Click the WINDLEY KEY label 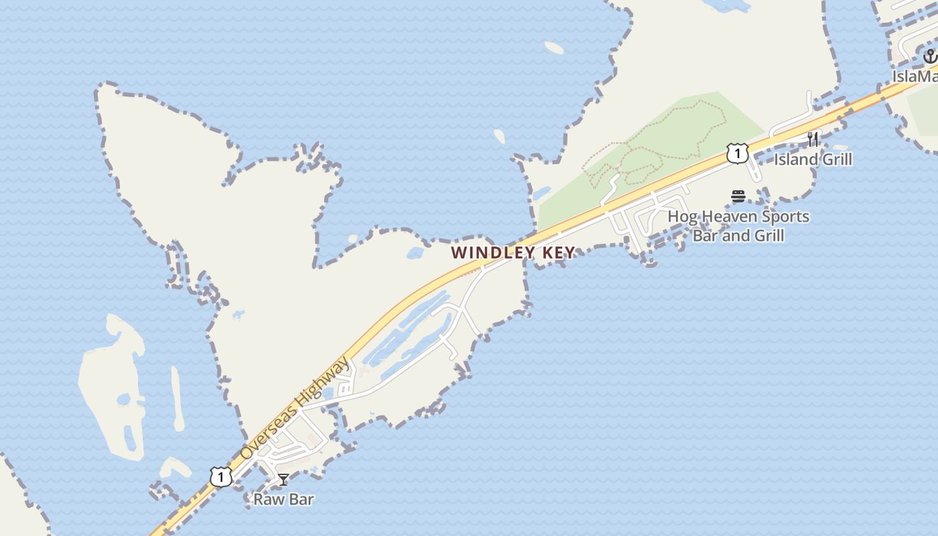[513, 253]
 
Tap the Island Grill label [813, 159]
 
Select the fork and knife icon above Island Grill [813, 139]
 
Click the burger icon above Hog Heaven [738, 196]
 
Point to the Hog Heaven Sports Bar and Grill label [738, 226]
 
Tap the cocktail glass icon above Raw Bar [283, 479]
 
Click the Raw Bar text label [283, 499]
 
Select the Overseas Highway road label [295, 409]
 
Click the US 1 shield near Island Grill [737, 153]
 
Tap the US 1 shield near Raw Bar [220, 477]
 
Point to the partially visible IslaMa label [915, 76]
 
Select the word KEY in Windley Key [558, 253]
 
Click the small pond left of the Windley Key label [415, 253]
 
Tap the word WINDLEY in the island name [492, 253]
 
